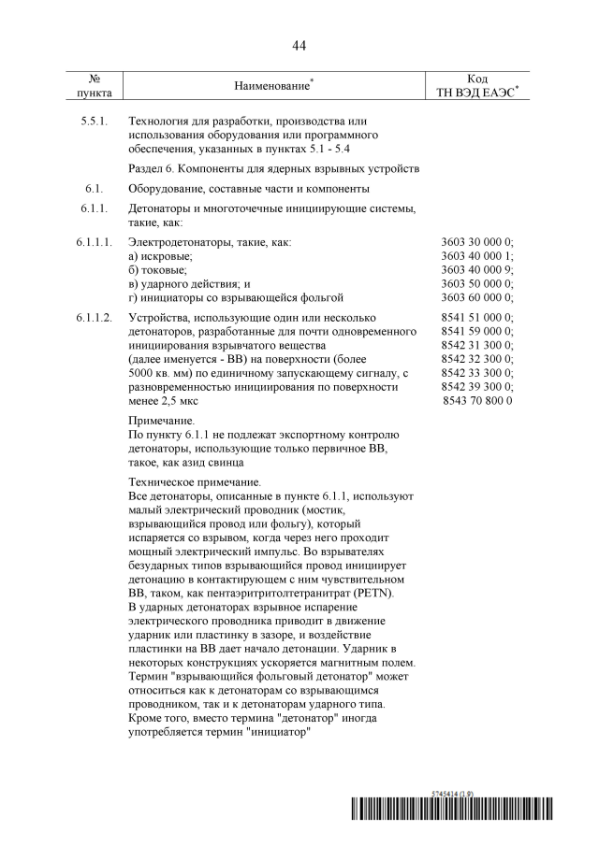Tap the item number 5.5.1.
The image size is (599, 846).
click(95, 122)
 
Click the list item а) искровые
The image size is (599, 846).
click(160, 256)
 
